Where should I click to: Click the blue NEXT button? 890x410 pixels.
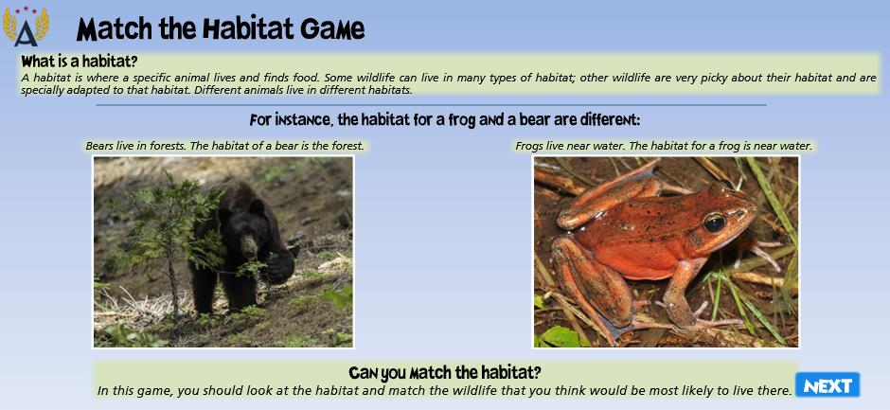pos(828,385)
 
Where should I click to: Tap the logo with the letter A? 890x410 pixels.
pos(27,27)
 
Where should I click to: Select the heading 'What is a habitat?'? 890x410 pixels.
pos(80,62)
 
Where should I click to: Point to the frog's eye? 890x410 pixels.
pos(714,222)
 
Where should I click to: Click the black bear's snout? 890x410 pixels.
pos(249,247)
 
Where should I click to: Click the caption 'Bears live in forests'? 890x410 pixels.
pos(135,146)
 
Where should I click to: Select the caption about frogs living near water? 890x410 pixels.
pos(664,146)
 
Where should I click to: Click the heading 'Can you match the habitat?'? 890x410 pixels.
pos(444,372)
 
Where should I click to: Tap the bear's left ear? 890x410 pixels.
pos(258,206)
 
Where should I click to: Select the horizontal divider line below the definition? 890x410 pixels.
pos(431,104)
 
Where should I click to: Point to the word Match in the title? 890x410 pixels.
pos(116,29)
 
